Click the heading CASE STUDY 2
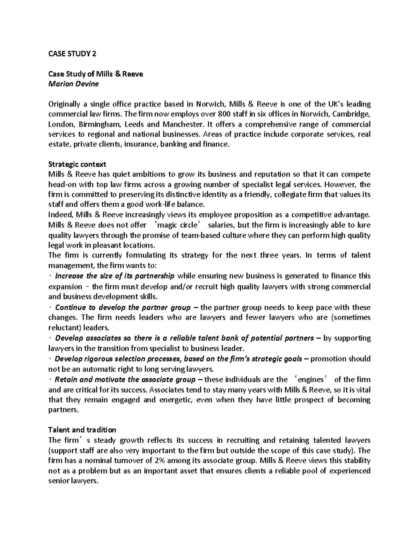71,54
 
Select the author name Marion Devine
73,84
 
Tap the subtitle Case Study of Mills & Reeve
96,74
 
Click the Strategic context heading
77,164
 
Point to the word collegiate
290,195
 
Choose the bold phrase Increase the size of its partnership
115,276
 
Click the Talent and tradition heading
82,430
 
